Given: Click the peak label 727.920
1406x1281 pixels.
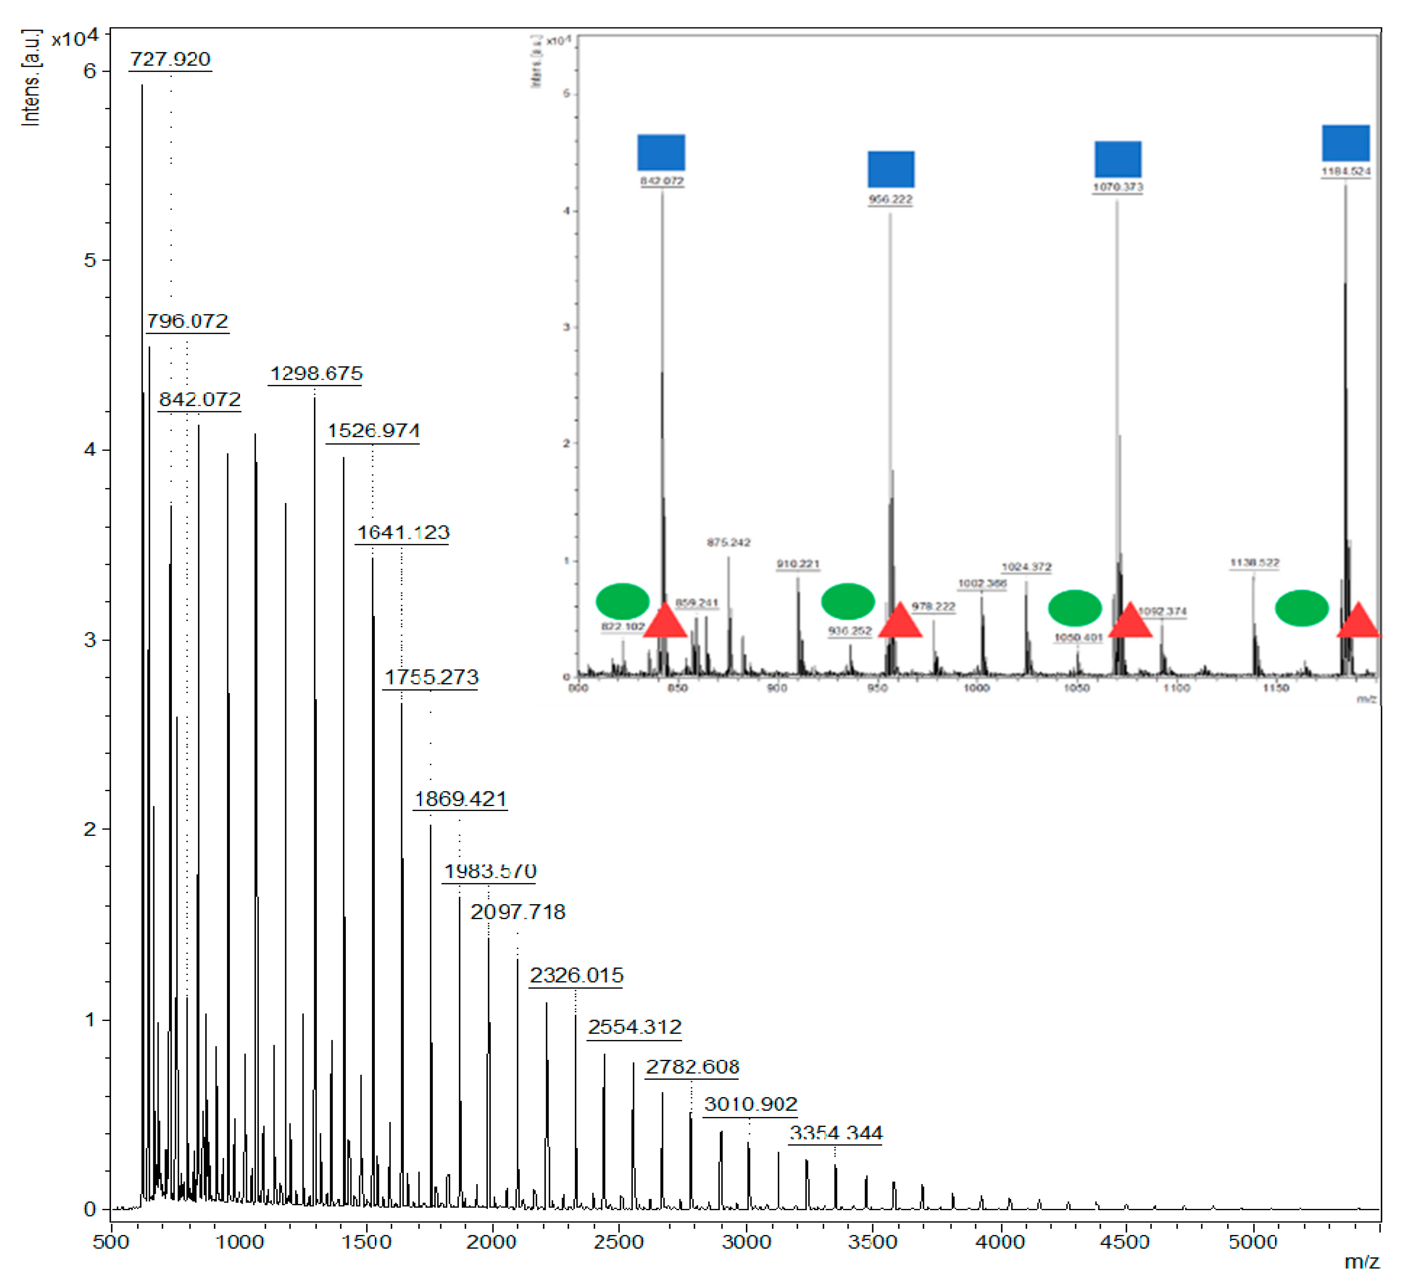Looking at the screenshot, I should [x=170, y=59].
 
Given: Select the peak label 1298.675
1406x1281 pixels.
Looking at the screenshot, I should [x=316, y=374].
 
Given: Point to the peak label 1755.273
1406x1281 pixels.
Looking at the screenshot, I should [x=431, y=677].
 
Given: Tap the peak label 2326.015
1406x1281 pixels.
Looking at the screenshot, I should [x=576, y=975].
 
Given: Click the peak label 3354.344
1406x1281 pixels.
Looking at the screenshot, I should [x=835, y=1133].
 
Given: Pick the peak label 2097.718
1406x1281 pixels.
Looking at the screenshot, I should [x=518, y=912].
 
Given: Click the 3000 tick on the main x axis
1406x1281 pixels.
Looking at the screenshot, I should [x=746, y=1242].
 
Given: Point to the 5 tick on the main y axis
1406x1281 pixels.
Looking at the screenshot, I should [x=90, y=261].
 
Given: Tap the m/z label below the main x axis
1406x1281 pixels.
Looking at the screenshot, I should [x=1361, y=1262].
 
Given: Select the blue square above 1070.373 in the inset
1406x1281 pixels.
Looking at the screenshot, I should [x=1117, y=159].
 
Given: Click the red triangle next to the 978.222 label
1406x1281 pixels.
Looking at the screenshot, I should [x=900, y=620].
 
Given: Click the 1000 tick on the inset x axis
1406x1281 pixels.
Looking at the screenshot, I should [x=977, y=688].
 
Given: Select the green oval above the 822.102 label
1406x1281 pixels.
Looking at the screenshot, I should [x=622, y=601].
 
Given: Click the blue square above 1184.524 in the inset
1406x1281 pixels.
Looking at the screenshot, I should [x=1345, y=143].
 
